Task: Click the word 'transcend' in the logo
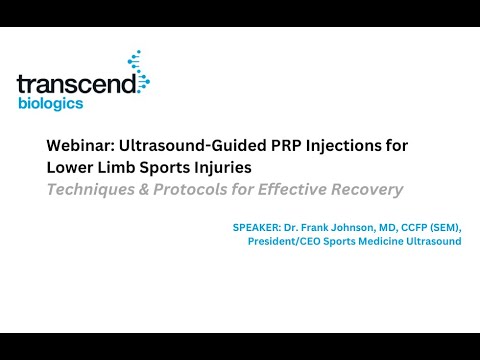click(x=75, y=85)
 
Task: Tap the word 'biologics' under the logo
click(x=50, y=103)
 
